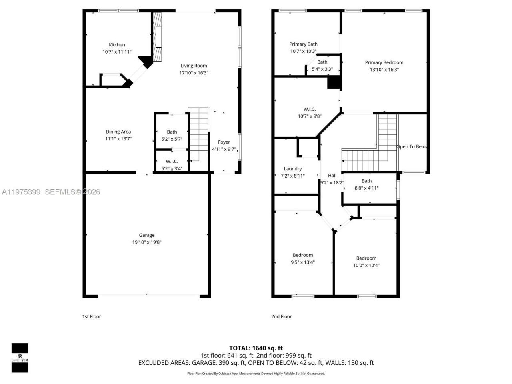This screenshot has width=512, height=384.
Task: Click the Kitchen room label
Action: [x=117, y=45]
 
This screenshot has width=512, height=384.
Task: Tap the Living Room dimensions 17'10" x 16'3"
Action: [x=194, y=73]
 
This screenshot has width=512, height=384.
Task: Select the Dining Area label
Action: [x=118, y=132]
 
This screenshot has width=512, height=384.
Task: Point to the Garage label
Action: [x=147, y=235]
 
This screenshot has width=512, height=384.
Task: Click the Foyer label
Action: [x=224, y=142]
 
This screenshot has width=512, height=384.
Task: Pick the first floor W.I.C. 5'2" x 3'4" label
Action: [x=172, y=165]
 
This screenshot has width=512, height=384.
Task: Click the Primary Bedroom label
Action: [x=384, y=62]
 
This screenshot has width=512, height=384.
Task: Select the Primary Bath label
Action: [x=303, y=44]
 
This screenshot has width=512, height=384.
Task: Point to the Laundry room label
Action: [x=293, y=169]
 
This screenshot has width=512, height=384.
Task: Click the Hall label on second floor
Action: [x=332, y=175]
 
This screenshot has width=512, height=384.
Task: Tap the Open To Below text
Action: [x=412, y=146]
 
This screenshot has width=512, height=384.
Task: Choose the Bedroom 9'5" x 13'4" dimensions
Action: [x=303, y=262]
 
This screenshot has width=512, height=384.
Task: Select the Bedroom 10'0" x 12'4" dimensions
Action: [x=366, y=265]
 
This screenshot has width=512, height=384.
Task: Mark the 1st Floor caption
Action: [x=92, y=316]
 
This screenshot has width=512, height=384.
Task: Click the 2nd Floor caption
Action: [x=281, y=316]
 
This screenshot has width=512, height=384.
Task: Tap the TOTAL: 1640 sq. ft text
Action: [x=256, y=348]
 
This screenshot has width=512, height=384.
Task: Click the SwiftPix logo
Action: [x=20, y=357]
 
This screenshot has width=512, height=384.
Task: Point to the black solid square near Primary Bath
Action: [x=334, y=82]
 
